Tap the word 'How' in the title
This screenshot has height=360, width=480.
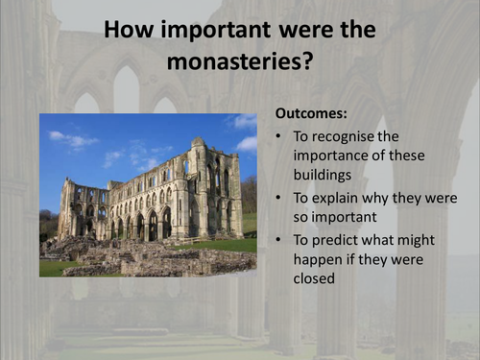click(135, 32)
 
